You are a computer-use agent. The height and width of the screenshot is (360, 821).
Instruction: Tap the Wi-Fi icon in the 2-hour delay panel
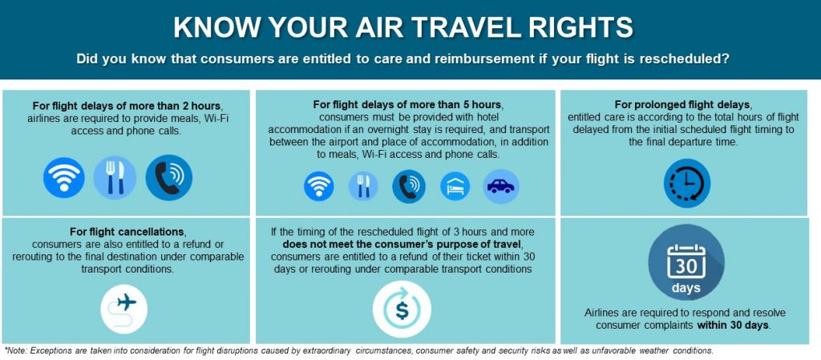[64, 177]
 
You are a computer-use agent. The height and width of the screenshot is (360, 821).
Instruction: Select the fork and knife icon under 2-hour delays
[115, 177]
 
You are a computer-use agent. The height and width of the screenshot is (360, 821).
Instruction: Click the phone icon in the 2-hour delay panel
[169, 177]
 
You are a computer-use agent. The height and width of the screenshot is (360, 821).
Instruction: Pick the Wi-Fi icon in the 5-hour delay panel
[319, 186]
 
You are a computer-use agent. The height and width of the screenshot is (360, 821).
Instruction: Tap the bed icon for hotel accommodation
[455, 186]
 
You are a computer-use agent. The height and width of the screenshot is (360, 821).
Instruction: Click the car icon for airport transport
[501, 186]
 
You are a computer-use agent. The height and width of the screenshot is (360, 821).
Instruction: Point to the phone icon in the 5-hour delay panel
[409, 186]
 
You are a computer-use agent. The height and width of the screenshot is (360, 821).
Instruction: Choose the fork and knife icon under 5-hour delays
[363, 186]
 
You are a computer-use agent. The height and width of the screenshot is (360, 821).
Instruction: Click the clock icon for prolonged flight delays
[687, 183]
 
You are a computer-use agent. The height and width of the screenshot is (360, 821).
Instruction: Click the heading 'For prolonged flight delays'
[685, 104]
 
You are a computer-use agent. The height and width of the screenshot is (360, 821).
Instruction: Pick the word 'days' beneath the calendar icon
[686, 289]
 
